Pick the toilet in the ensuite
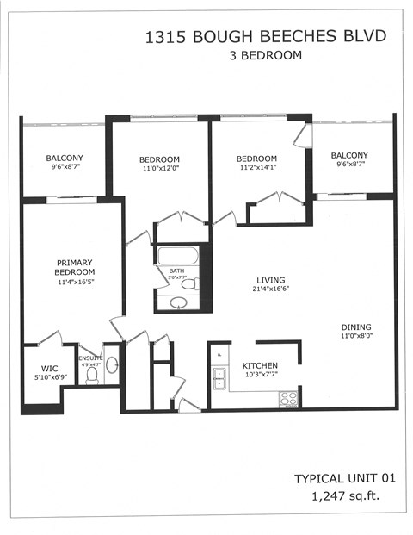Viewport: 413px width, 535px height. click(x=91, y=374)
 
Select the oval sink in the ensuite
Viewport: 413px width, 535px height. click(x=111, y=364)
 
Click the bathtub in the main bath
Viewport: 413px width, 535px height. click(x=177, y=257)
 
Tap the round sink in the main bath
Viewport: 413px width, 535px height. click(x=179, y=302)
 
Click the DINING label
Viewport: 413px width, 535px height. click(x=355, y=327)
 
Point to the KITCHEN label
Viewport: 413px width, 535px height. click(x=259, y=365)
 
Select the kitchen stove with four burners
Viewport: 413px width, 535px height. click(x=288, y=398)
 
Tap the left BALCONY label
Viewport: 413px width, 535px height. click(x=65, y=158)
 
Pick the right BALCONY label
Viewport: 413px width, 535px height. click(x=349, y=155)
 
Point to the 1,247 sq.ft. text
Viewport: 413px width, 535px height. click(x=348, y=496)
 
